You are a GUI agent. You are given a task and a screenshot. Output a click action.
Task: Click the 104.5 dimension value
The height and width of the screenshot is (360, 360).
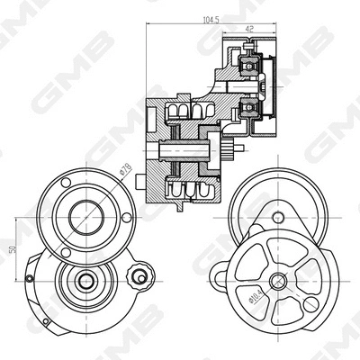[211, 18]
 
